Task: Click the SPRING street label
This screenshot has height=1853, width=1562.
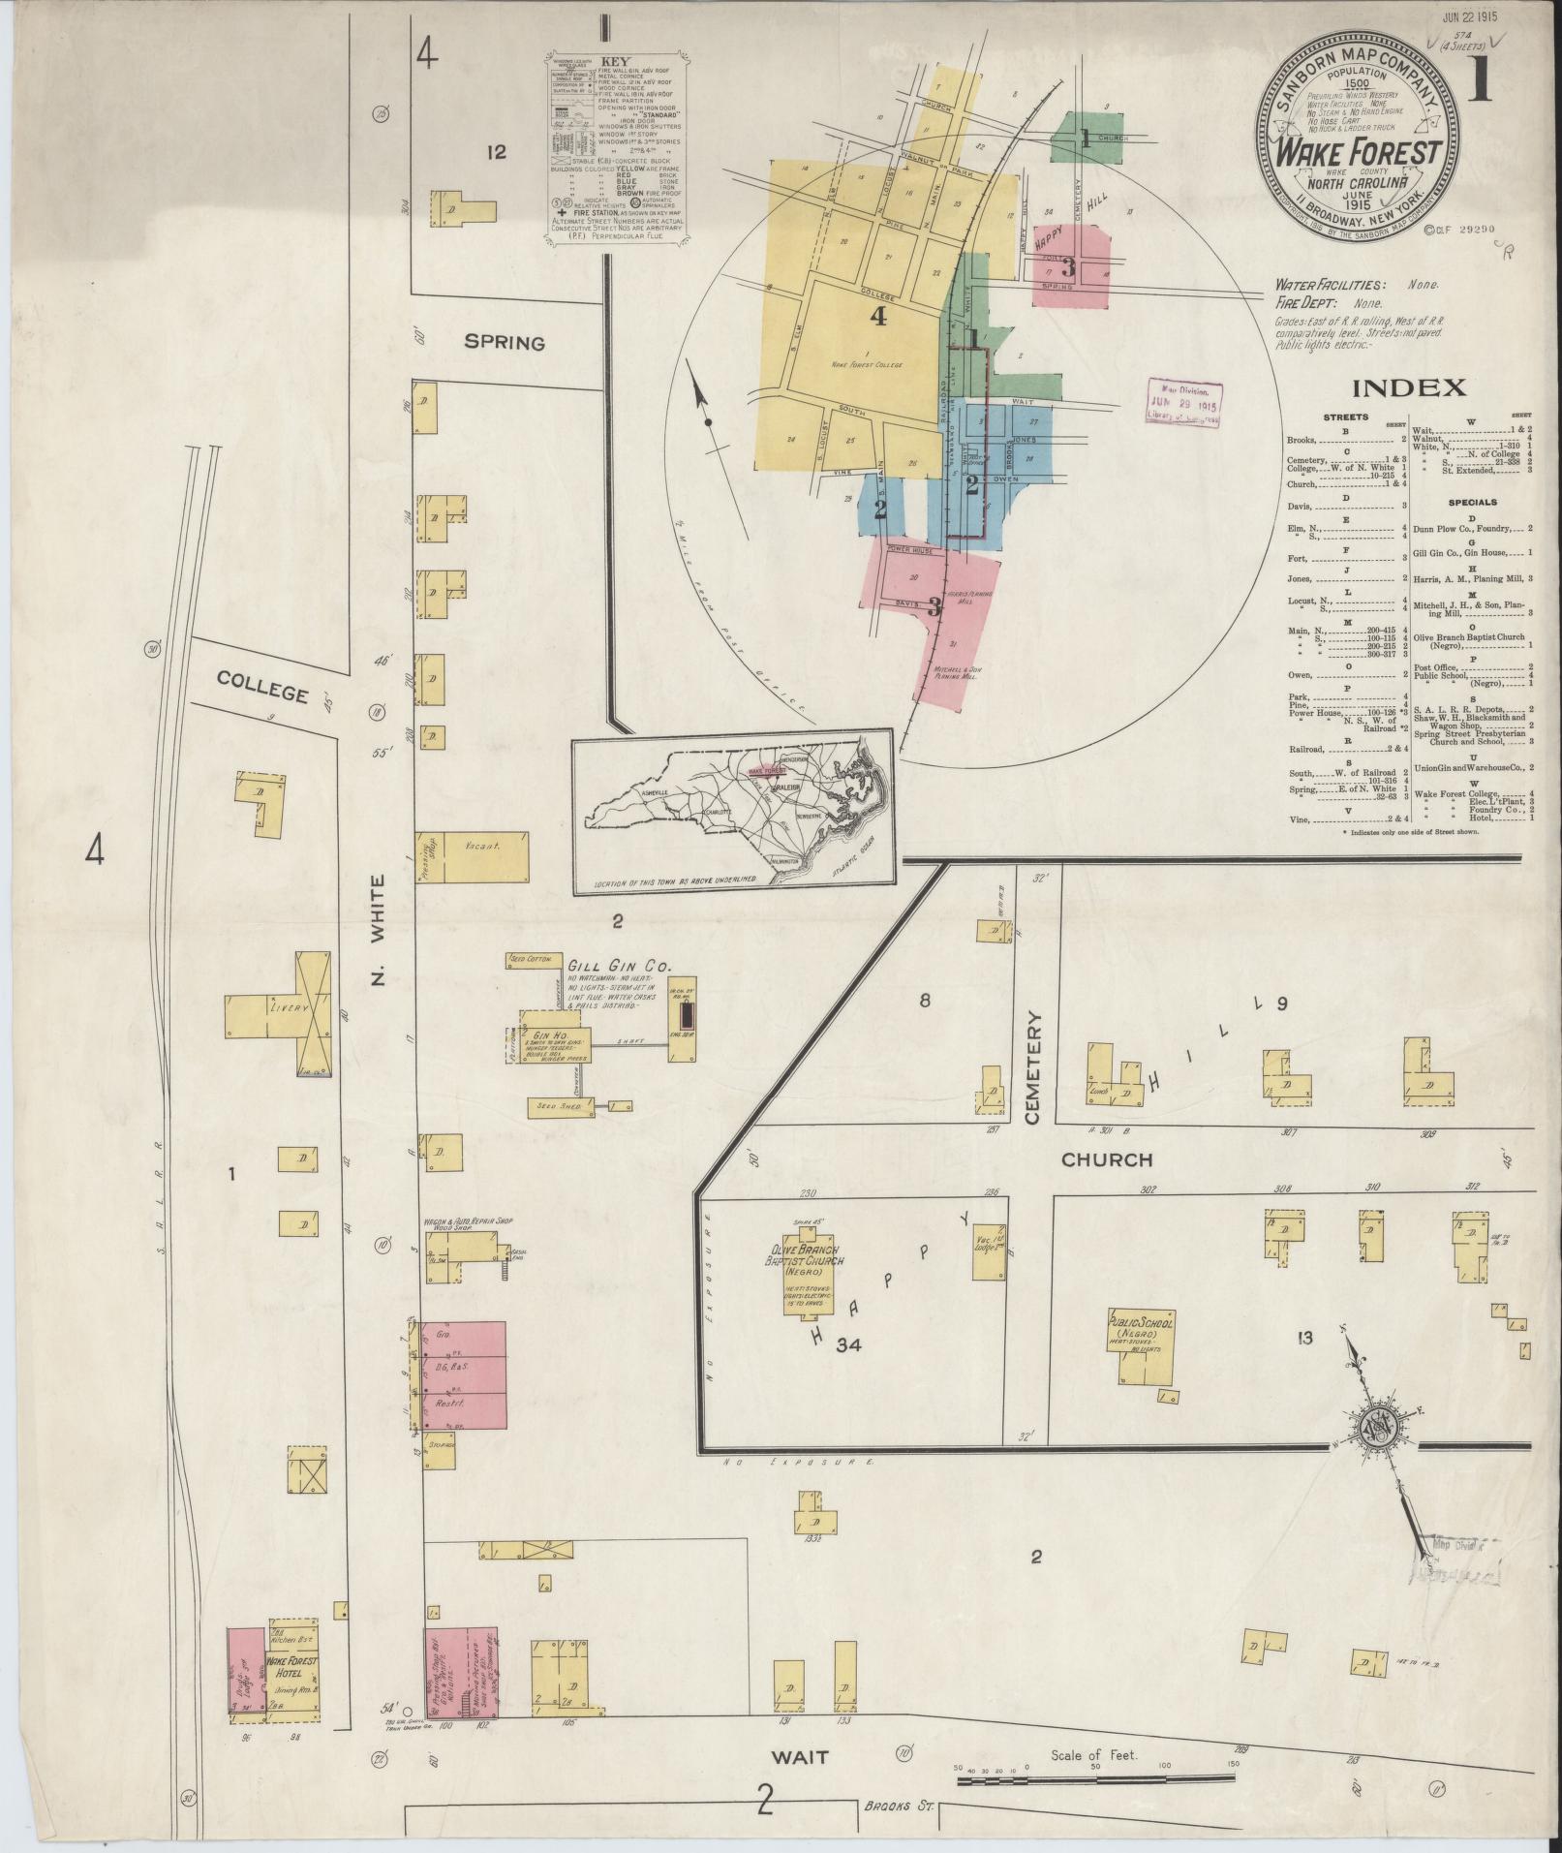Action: click(504, 342)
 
